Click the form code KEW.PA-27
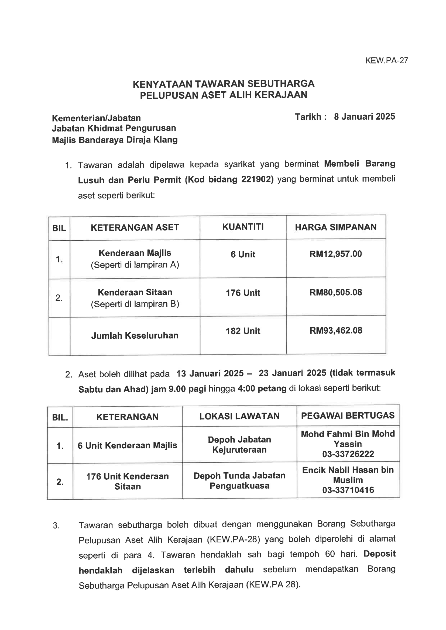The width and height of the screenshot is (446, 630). point(386,61)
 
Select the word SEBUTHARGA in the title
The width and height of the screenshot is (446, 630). point(281,84)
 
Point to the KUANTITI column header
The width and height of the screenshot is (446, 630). point(243,227)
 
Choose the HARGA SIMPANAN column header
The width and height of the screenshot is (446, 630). point(336,227)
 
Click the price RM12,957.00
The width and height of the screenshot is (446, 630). point(336,254)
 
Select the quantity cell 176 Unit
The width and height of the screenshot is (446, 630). point(243,293)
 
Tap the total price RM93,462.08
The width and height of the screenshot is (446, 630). point(336,330)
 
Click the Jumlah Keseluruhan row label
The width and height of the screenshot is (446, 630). point(135,335)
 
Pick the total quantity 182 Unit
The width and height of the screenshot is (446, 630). point(243,331)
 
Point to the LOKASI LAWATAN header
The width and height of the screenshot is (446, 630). point(239,416)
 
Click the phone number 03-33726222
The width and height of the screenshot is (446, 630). point(348,454)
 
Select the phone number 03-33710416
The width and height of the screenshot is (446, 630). point(348,490)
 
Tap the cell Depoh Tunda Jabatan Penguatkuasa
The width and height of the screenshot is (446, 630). point(239,480)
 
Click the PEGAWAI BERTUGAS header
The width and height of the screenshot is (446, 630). point(348,416)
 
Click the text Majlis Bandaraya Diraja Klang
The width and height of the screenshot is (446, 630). point(115,140)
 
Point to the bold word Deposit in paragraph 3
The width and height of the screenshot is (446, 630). point(379,554)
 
